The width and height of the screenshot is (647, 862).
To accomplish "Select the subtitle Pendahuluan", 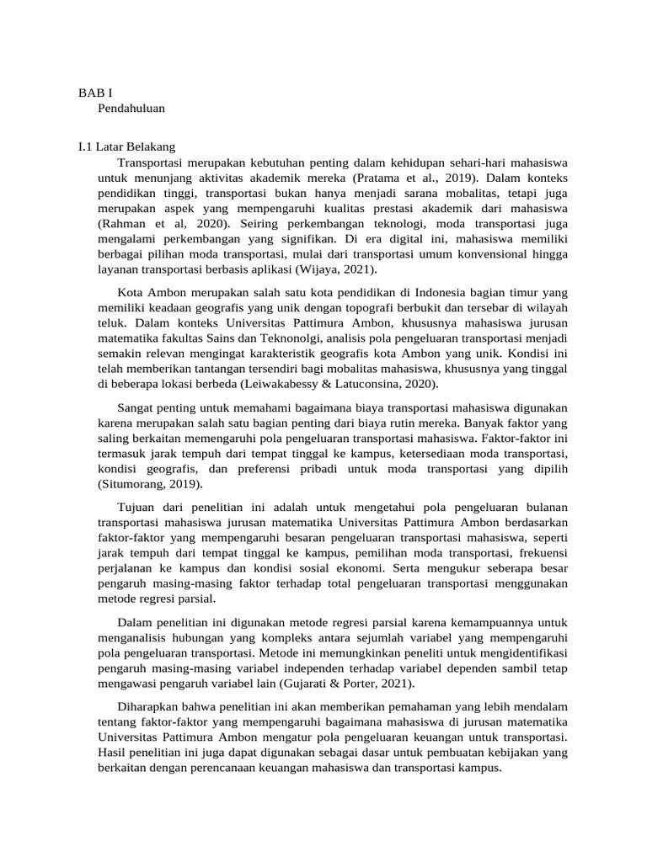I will click(x=131, y=108).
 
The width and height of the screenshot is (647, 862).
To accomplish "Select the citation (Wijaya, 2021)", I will click(x=334, y=269).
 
